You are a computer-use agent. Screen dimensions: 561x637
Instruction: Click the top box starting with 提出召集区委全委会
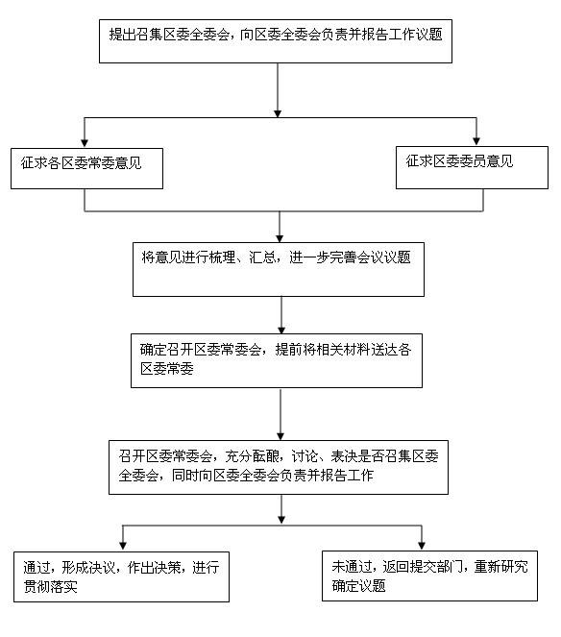[x=276, y=41]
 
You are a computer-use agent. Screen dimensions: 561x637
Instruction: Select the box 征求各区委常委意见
[x=86, y=168]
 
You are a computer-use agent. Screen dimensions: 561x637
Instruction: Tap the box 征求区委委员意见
[x=472, y=167]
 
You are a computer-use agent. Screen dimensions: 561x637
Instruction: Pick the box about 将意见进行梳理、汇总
[x=279, y=269]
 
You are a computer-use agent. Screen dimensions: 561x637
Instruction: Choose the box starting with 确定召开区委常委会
[x=277, y=360]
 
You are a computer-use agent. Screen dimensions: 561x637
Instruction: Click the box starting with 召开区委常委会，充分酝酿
[x=279, y=467]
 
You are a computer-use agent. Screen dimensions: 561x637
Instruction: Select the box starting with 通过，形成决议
[x=121, y=576]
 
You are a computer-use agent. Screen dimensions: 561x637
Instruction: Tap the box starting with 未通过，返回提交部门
[x=429, y=576]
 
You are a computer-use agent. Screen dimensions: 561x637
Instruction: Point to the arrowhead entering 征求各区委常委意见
[x=85, y=143]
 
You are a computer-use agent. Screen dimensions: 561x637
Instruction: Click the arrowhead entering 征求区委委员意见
[x=476, y=141]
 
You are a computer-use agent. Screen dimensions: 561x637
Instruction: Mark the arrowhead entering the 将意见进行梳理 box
[x=280, y=238]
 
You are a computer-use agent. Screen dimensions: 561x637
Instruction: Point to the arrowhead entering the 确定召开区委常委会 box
[x=281, y=330]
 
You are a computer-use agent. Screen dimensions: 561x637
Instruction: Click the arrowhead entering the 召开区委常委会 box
[x=280, y=436]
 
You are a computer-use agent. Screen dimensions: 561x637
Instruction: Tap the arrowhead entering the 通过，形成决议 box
[x=123, y=546]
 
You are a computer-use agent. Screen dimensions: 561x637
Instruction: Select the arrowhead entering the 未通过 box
[x=422, y=545]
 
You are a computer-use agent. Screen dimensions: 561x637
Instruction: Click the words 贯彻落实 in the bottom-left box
[x=50, y=587]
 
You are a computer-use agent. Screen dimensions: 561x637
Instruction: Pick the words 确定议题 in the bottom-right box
[x=358, y=586]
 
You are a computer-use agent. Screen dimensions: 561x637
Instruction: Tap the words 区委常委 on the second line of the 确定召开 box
[x=167, y=369]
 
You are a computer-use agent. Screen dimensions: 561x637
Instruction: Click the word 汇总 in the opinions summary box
[x=262, y=257]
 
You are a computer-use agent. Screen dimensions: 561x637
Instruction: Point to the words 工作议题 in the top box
[x=415, y=35]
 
